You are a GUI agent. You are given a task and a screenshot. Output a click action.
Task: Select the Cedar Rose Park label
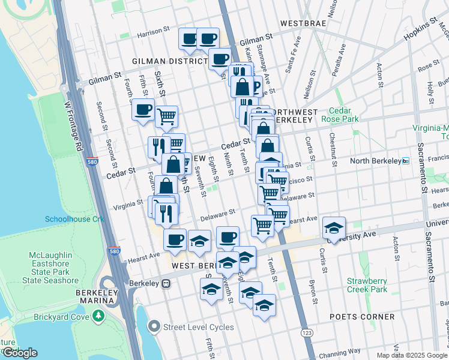pos(343,115)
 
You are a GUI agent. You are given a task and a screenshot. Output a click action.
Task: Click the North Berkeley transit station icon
pos(406,161)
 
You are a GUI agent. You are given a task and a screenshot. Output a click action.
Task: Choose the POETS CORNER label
pos(362,317)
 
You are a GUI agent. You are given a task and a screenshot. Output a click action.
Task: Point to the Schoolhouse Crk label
pos(74,219)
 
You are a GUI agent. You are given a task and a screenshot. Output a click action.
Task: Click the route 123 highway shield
pos(307,332)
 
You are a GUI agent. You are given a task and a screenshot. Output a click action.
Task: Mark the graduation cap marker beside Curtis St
pos(334,227)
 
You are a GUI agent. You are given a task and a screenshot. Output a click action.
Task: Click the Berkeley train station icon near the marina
pos(167,283)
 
